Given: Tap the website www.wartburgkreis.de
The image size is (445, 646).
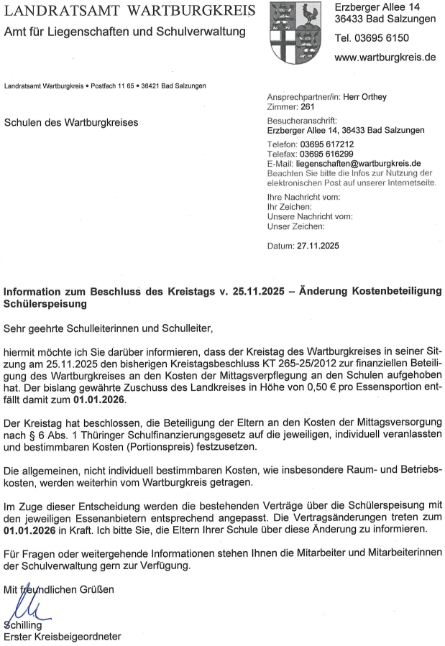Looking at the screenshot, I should coord(385,57).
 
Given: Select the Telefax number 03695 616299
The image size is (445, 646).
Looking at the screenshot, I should coord(327,154).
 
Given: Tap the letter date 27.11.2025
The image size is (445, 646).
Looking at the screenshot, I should coord(317,245).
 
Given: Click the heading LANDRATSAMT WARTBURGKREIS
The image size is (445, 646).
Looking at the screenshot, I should coord(129,11).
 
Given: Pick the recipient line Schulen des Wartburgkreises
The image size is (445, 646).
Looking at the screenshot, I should coord(71,122).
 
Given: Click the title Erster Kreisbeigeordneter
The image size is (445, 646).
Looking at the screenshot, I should coord(63,637).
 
